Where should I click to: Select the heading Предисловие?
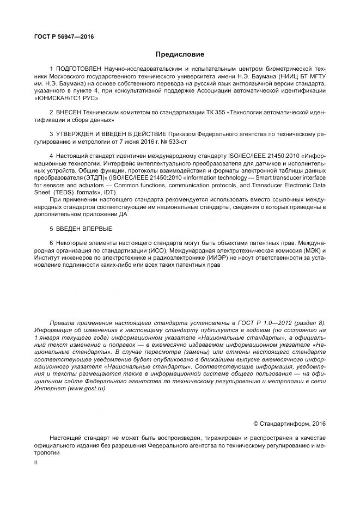click(180, 54)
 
